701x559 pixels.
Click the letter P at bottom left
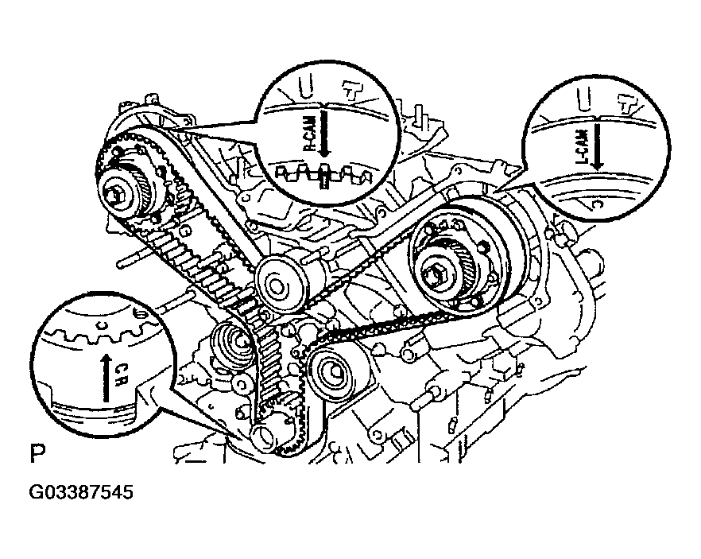pyautogui.click(x=37, y=455)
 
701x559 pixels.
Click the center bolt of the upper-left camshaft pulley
pyautogui.click(x=120, y=192)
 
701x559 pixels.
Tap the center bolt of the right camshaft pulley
pyautogui.click(x=440, y=275)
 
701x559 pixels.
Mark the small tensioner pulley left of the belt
pyautogui.click(x=235, y=343)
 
